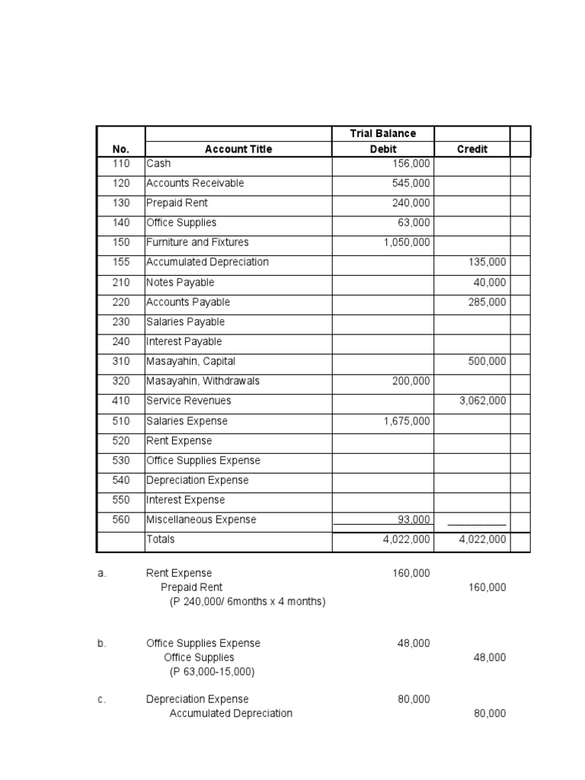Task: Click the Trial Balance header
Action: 382,133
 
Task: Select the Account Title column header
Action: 238,149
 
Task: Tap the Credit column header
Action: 472,149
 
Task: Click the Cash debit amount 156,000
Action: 411,164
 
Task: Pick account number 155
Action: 120,262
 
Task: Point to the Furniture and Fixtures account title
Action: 197,242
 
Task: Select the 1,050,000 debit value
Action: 406,242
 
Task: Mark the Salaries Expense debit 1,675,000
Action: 406,421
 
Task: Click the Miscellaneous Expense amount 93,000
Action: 414,519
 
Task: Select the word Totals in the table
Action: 160,539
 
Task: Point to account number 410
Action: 120,401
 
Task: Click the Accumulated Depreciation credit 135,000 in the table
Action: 487,262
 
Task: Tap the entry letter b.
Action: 102,643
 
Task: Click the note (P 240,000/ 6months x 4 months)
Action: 247,602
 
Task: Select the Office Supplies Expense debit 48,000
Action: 414,643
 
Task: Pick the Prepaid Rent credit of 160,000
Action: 487,587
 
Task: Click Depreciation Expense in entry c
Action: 197,699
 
